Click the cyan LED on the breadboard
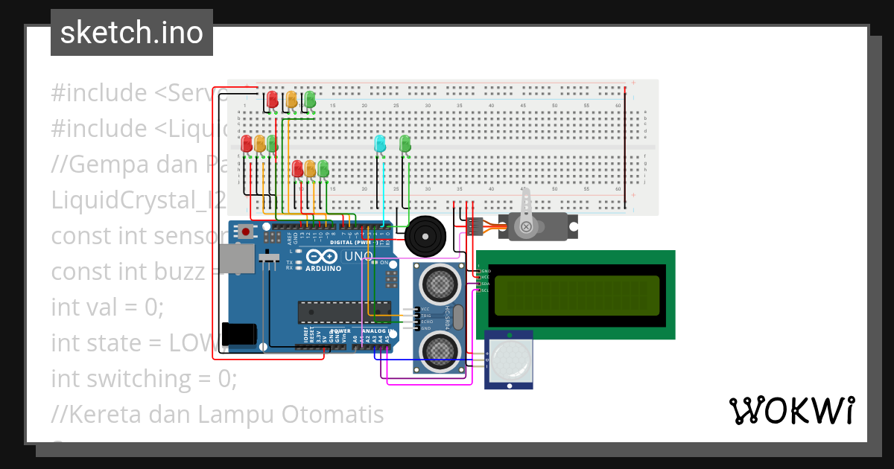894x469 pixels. (380, 144)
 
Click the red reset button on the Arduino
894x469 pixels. (246, 232)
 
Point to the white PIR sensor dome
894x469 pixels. (510, 360)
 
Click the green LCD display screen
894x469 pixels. (577, 295)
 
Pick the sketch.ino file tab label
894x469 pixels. (132, 33)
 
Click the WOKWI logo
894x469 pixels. (791, 410)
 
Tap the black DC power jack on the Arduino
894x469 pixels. (240, 334)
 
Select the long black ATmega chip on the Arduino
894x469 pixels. (344, 313)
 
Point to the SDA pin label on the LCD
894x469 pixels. (485, 284)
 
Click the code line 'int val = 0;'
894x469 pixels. (107, 307)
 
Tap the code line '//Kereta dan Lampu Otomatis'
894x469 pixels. (218, 414)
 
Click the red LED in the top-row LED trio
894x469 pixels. (272, 99)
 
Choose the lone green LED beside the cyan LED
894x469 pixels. (405, 144)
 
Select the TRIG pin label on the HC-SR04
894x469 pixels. (425, 316)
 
